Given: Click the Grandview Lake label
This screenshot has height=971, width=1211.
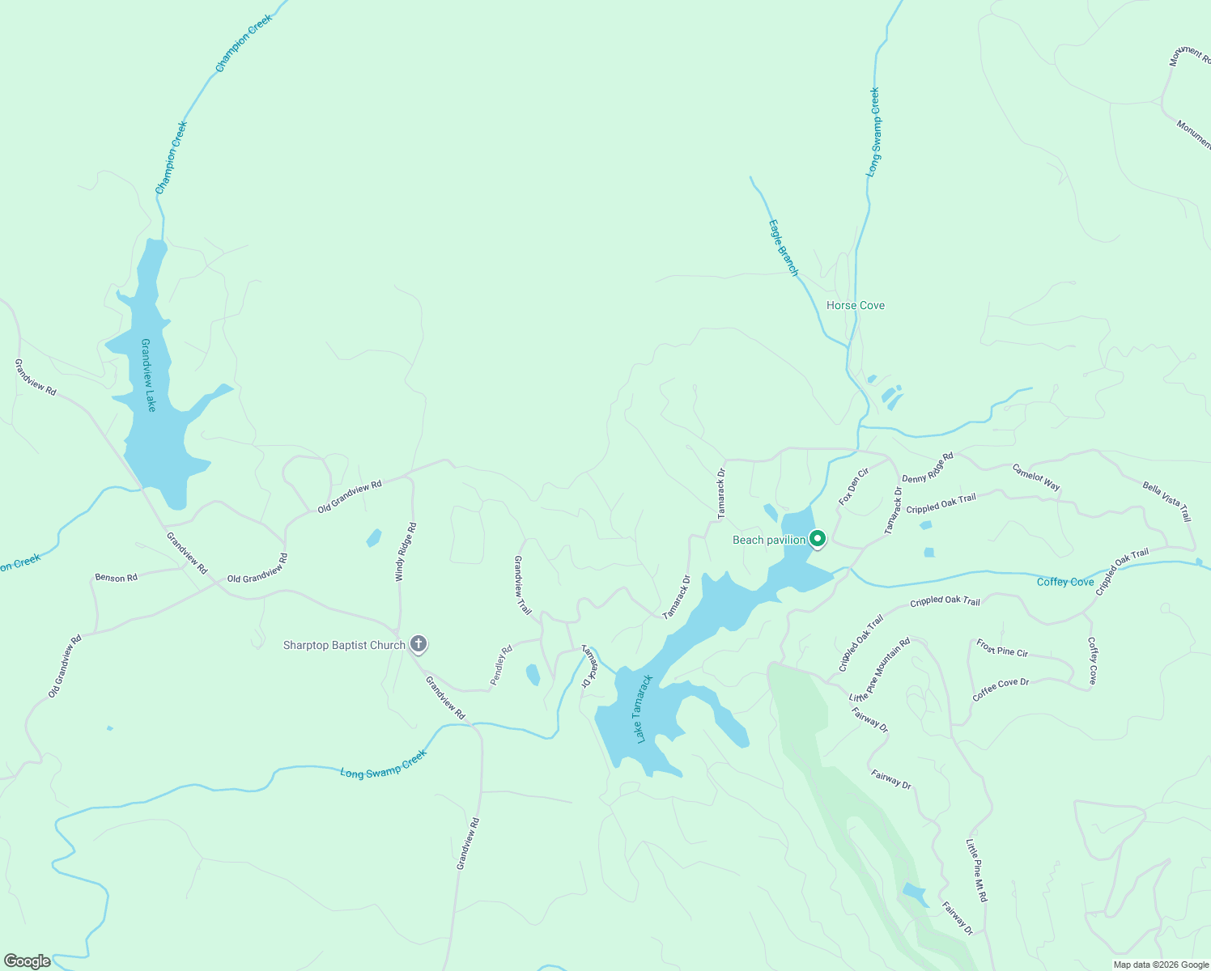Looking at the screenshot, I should pyautogui.click(x=148, y=375).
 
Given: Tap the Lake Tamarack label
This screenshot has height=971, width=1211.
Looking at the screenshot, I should pyautogui.click(x=644, y=709).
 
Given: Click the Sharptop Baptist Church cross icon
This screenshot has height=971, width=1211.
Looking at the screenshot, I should pyautogui.click(x=418, y=644).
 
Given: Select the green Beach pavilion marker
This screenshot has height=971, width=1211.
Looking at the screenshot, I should pyautogui.click(x=818, y=538).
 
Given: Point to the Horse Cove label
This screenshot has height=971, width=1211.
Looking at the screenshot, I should pyautogui.click(x=855, y=305).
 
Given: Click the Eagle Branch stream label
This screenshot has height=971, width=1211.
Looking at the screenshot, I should pyautogui.click(x=783, y=248).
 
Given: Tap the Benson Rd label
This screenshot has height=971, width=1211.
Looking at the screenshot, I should pyautogui.click(x=116, y=578).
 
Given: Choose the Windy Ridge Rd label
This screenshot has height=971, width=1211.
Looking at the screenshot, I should pyautogui.click(x=406, y=552).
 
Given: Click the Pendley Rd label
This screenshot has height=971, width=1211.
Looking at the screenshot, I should pyautogui.click(x=502, y=665).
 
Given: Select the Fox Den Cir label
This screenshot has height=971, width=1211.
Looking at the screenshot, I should pyautogui.click(x=853, y=486).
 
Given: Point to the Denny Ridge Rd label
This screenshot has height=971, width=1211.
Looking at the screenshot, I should pyautogui.click(x=928, y=468).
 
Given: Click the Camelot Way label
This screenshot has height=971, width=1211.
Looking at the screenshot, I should pyautogui.click(x=1035, y=477).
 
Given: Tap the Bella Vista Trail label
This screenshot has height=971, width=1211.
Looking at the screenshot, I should pyautogui.click(x=1166, y=501).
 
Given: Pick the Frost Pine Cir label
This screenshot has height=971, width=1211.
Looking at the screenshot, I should pyautogui.click(x=1002, y=648).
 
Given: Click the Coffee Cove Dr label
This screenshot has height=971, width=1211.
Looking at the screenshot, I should pyautogui.click(x=1001, y=689).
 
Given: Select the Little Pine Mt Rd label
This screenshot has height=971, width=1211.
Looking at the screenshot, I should pyautogui.click(x=976, y=871).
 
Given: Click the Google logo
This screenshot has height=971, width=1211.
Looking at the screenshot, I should pyautogui.click(x=28, y=961).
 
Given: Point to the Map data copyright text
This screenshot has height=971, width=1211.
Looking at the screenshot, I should pyautogui.click(x=1160, y=965).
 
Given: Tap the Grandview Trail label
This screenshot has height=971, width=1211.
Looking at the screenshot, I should pyautogui.click(x=523, y=585).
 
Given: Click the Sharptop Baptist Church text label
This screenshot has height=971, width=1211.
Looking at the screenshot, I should pyautogui.click(x=344, y=645).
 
